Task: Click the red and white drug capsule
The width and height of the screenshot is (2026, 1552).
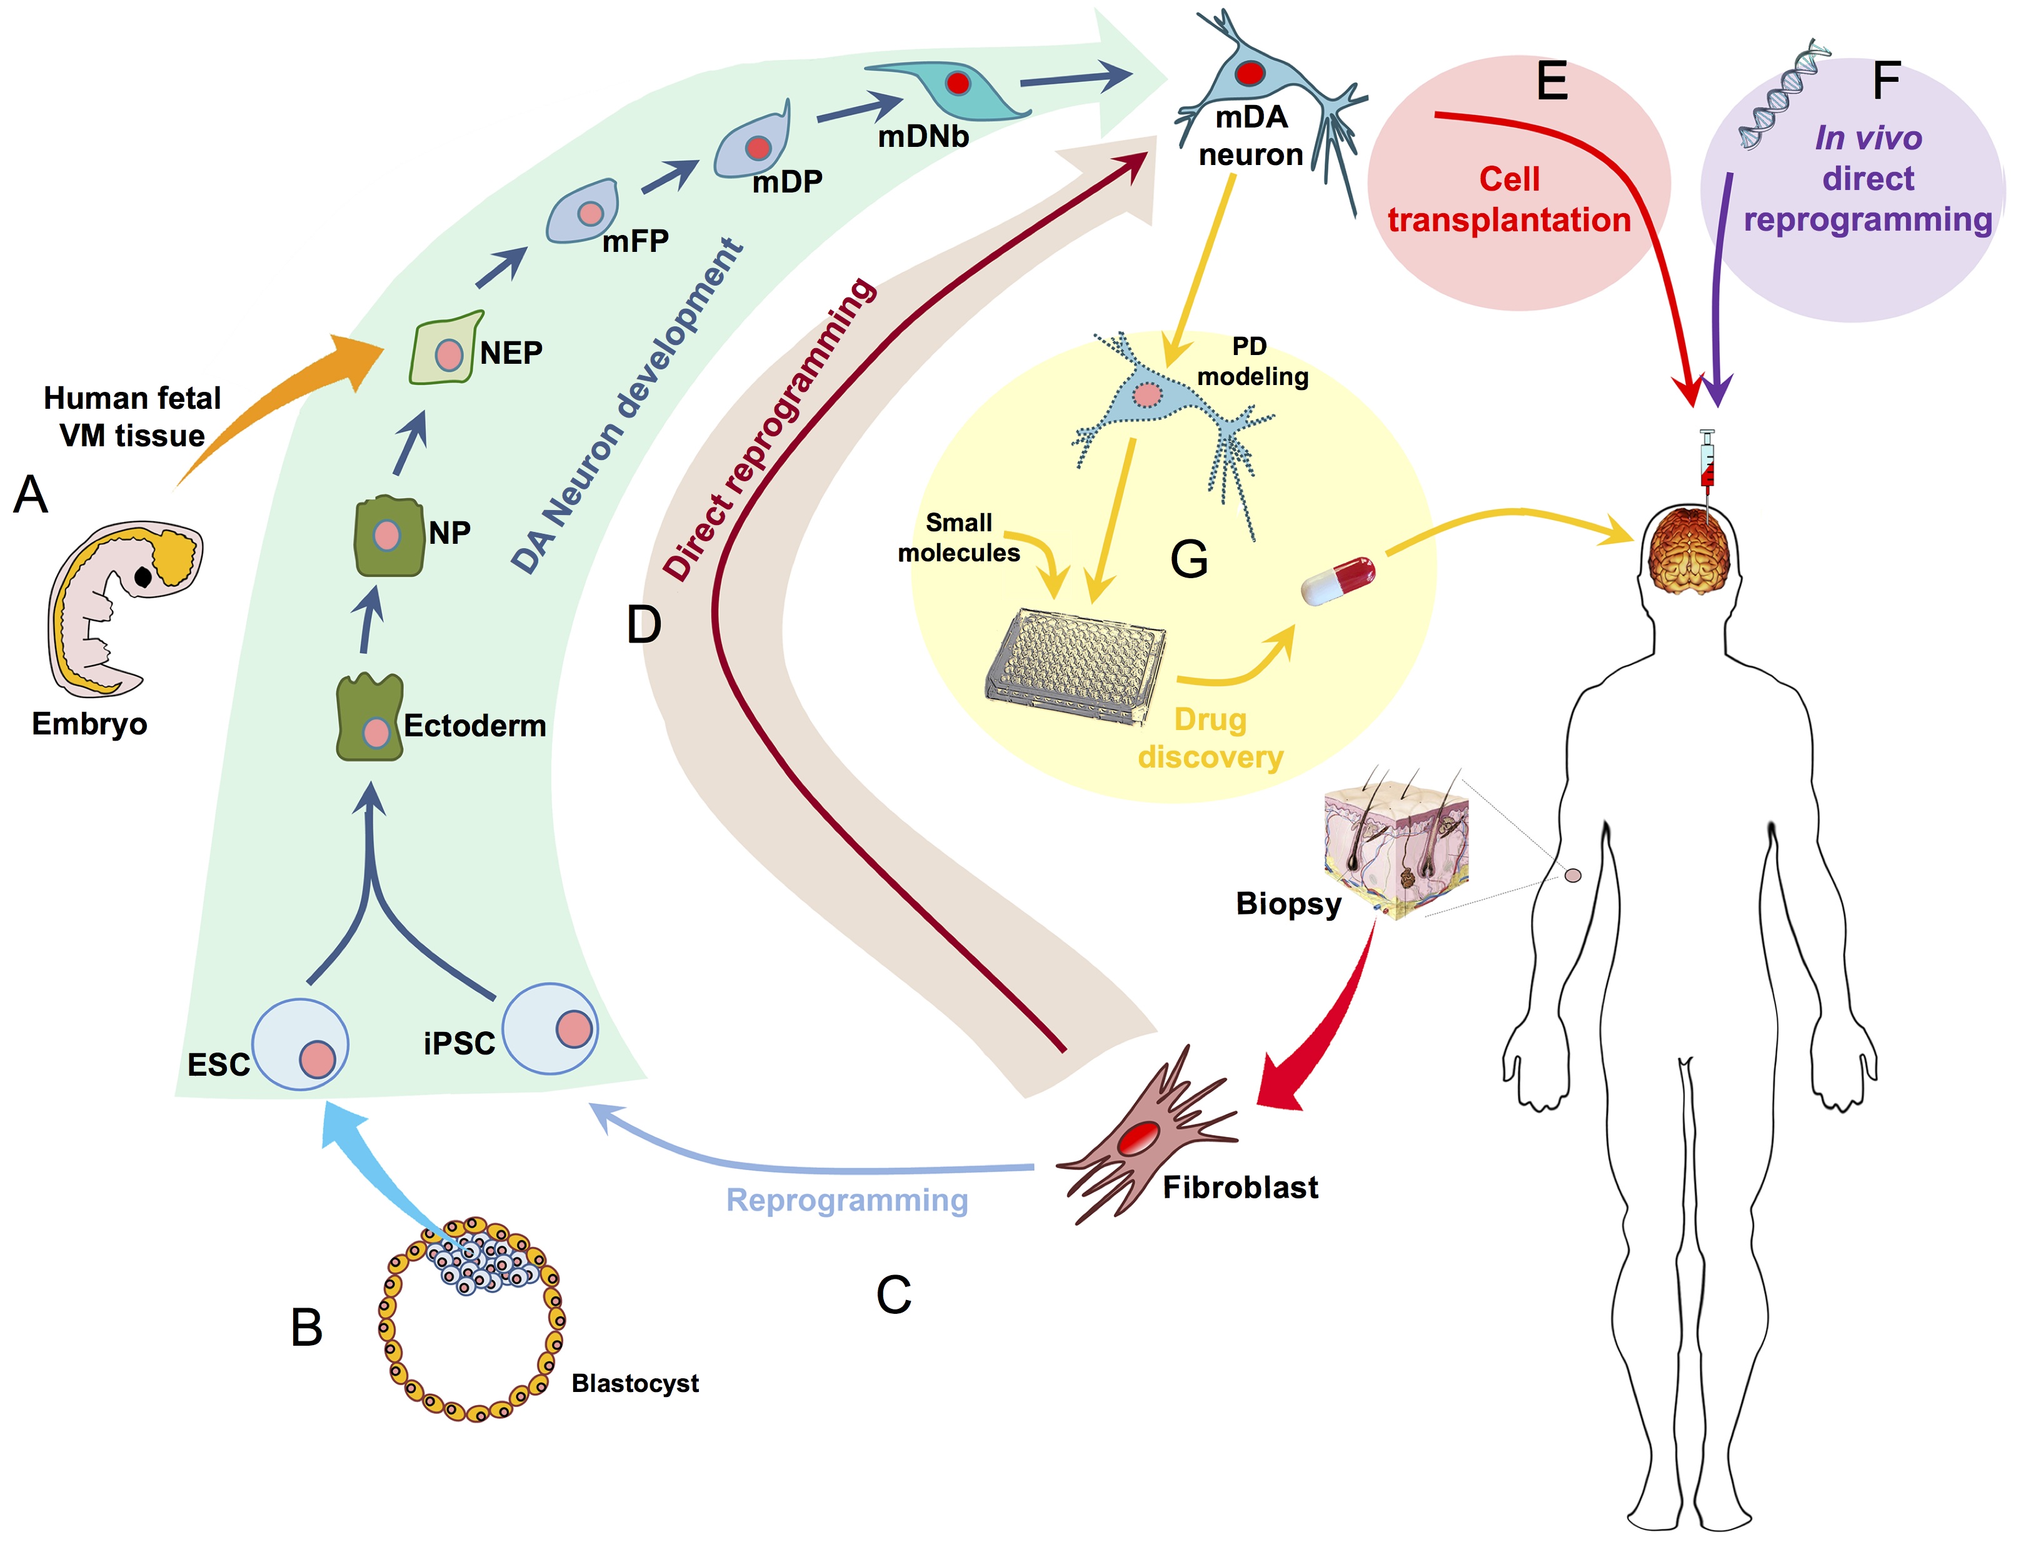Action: click(x=1338, y=580)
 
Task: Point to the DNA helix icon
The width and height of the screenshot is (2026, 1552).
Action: click(x=1783, y=93)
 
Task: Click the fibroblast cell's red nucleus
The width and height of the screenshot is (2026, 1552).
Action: click(x=1138, y=1138)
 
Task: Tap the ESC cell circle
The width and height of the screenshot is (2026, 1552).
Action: click(x=300, y=1044)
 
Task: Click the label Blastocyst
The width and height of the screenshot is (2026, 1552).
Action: click(x=634, y=1383)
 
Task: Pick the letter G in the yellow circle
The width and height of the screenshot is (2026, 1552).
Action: click(x=1189, y=559)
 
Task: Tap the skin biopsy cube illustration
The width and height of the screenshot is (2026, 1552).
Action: click(x=1397, y=841)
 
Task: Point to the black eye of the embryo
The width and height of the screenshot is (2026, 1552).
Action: click(x=143, y=576)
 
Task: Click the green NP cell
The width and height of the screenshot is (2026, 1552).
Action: click(x=389, y=536)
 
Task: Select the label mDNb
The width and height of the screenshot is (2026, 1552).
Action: click(x=923, y=137)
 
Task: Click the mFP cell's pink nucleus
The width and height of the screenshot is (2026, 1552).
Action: click(x=590, y=213)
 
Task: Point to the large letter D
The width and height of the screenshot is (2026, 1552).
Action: click(x=644, y=626)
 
